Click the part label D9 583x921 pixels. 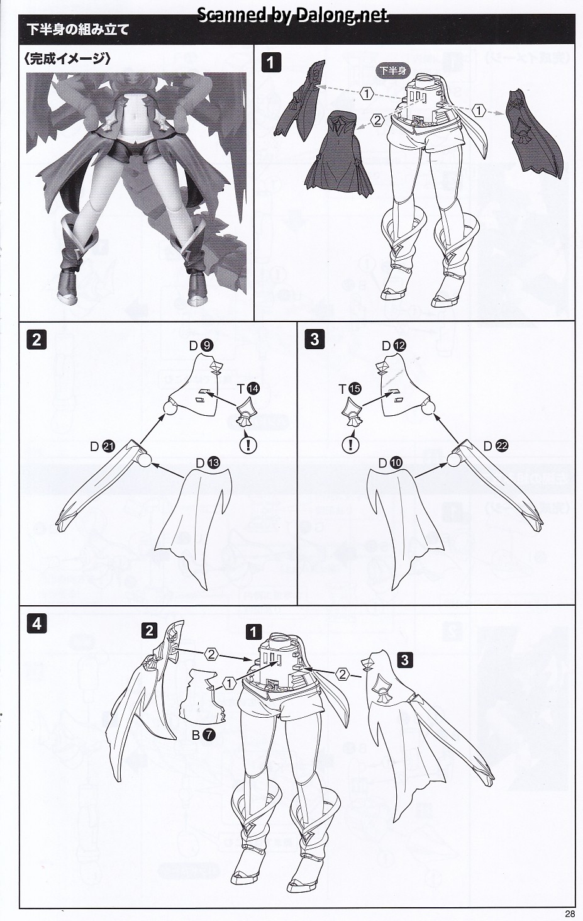(201, 346)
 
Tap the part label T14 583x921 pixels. (248, 389)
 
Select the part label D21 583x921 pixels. (103, 447)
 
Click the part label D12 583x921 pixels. (394, 346)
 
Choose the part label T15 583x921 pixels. (350, 389)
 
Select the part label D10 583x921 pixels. (391, 463)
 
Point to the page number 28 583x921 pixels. (570, 914)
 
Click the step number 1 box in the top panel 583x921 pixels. (271, 63)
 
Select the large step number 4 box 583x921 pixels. (36, 624)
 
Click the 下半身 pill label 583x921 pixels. (393, 70)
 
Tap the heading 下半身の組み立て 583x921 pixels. (78, 30)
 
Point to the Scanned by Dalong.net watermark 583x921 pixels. (292, 15)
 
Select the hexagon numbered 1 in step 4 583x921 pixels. (230, 695)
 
